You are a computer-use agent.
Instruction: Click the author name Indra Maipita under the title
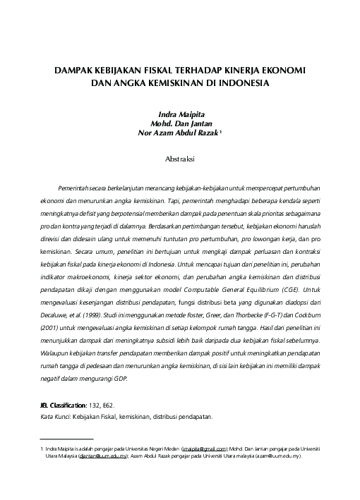click(x=180, y=112)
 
